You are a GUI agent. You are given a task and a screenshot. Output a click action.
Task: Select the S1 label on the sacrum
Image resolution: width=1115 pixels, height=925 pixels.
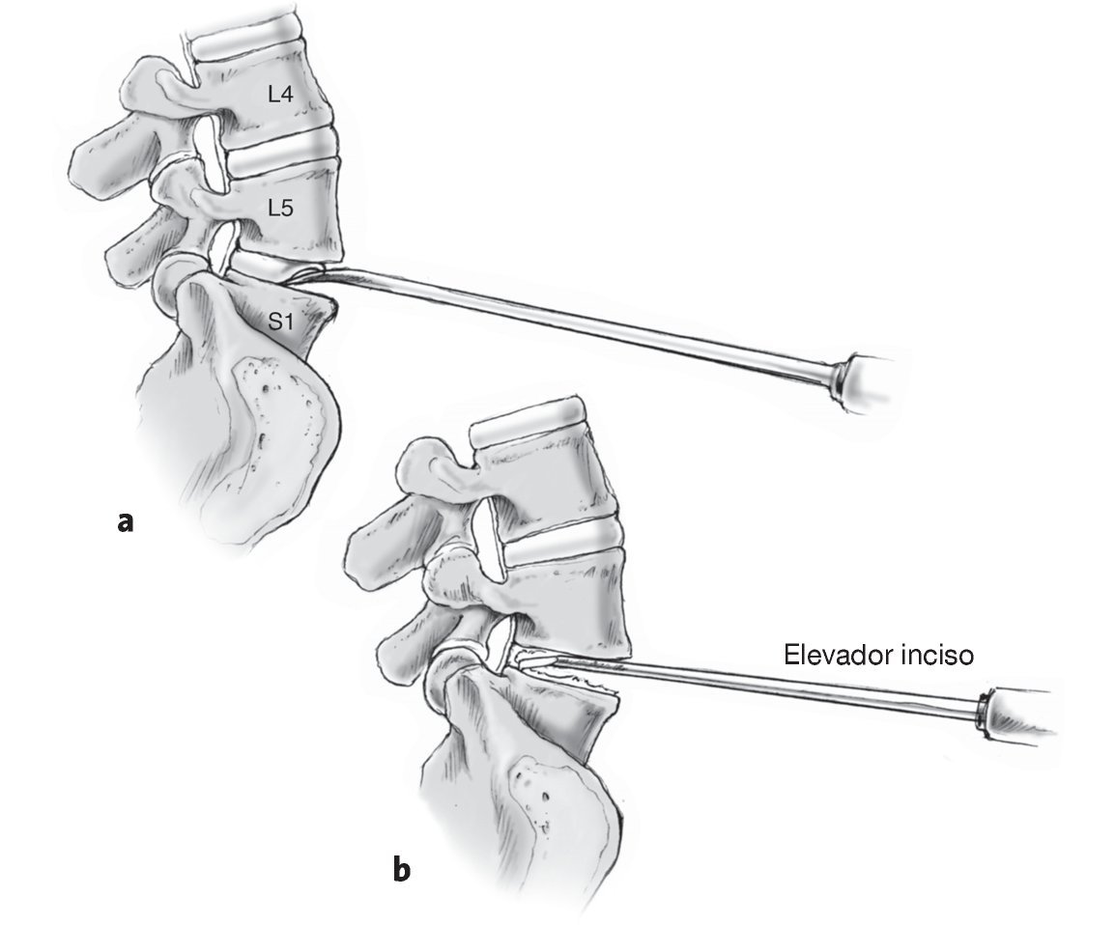pyautogui.click(x=280, y=322)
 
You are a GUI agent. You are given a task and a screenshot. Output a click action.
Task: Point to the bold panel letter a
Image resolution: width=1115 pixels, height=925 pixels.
pyautogui.click(x=124, y=521)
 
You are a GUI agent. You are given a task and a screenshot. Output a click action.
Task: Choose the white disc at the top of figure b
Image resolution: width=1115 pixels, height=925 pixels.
pyautogui.click(x=527, y=413)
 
